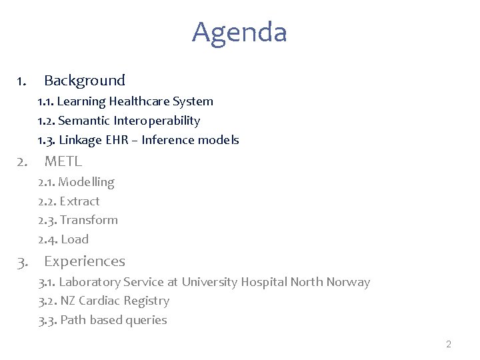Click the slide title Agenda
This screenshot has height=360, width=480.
pyautogui.click(x=239, y=32)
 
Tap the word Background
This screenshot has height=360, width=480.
pyautogui.click(x=85, y=81)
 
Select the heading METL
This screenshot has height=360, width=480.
pyautogui.click(x=63, y=161)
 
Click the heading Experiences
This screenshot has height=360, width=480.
pyautogui.click(x=85, y=261)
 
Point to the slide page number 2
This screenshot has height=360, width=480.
pyautogui.click(x=449, y=344)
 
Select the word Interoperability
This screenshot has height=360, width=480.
pyautogui.click(x=157, y=121)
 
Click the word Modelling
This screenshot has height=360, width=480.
pyautogui.click(x=86, y=182)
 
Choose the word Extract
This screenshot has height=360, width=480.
pyautogui.click(x=79, y=201)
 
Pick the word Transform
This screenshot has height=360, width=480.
pyautogui.click(x=89, y=220)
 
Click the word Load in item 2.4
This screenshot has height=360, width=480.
pyautogui.click(x=75, y=239)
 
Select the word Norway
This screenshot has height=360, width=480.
pyautogui.click(x=348, y=282)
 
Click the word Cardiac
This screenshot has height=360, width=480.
pyautogui.click(x=99, y=301)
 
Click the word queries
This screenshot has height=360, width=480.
pyautogui.click(x=147, y=320)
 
